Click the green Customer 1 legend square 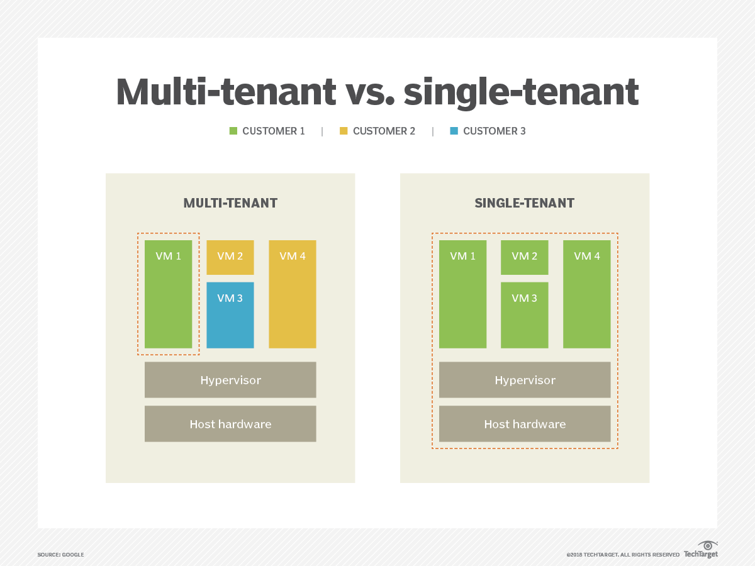click(x=233, y=131)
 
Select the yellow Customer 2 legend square click(x=344, y=131)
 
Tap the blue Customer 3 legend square click(x=454, y=131)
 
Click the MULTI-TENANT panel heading click(x=230, y=203)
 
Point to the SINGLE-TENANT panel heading click(x=525, y=203)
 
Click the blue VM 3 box click(x=230, y=315)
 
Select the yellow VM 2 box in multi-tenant click(x=230, y=257)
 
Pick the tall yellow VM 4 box click(x=293, y=294)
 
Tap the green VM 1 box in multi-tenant click(x=168, y=294)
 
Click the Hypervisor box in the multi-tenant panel click(x=230, y=380)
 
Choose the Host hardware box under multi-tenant click(x=230, y=424)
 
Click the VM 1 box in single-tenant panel click(x=462, y=294)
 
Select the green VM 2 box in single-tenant click(x=525, y=257)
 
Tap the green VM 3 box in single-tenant click(x=525, y=315)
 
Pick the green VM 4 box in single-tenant click(x=587, y=294)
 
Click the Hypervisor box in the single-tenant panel click(x=525, y=380)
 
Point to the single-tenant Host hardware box click(x=525, y=424)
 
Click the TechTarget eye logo click(x=708, y=546)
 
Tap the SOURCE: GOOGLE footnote click(x=60, y=555)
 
